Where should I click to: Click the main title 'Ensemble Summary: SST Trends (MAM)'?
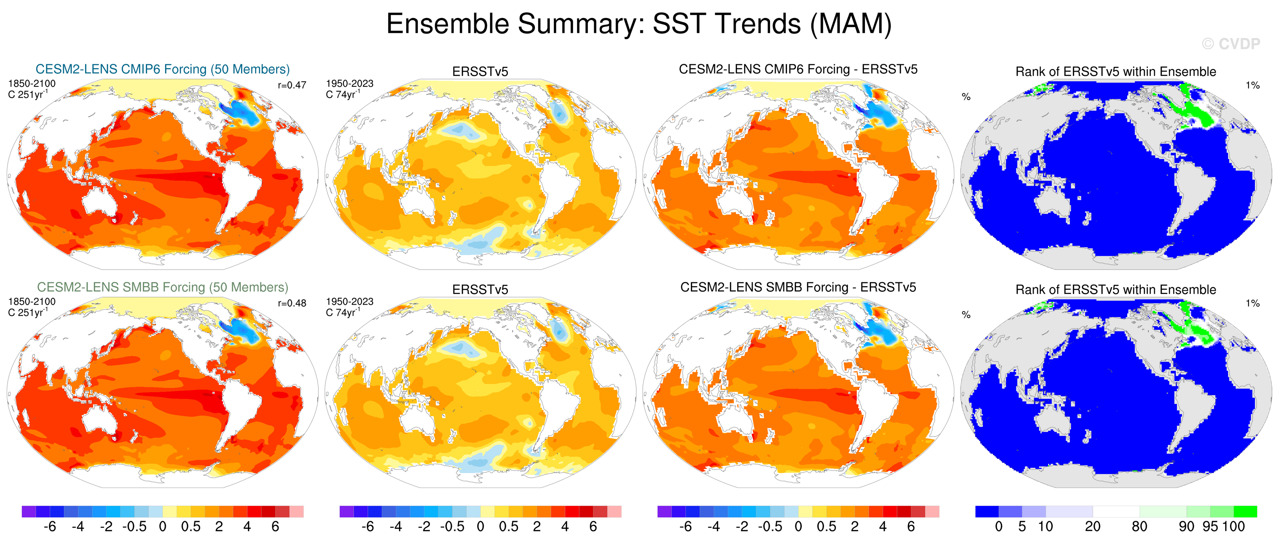pyautogui.click(x=639, y=24)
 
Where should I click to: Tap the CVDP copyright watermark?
pyautogui.click(x=1231, y=44)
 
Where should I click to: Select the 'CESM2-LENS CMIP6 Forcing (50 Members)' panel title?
pyautogui.click(x=162, y=69)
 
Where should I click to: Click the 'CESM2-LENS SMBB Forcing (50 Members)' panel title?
pyautogui.click(x=162, y=287)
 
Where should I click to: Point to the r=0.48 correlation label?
pyautogui.click(x=292, y=303)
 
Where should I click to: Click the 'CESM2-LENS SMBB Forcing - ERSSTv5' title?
pyautogui.click(x=798, y=287)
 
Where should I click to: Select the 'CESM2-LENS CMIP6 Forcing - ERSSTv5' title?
pyautogui.click(x=798, y=69)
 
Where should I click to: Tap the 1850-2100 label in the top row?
pyautogui.click(x=32, y=83)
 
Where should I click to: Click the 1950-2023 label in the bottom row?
pyautogui.click(x=350, y=302)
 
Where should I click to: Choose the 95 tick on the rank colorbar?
pyautogui.click(x=1210, y=527)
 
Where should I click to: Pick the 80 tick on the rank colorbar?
pyautogui.click(x=1140, y=527)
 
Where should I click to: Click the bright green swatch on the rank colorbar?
pyautogui.click(x=1245, y=512)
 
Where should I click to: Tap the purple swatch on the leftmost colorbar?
pyautogui.click(x=29, y=512)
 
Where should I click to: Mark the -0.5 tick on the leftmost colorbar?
pyautogui.click(x=134, y=527)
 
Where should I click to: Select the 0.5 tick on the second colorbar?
pyautogui.click(x=509, y=527)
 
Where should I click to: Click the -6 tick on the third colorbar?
pyautogui.click(x=685, y=527)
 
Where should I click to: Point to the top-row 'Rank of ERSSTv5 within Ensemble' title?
pyautogui.click(x=1115, y=72)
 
